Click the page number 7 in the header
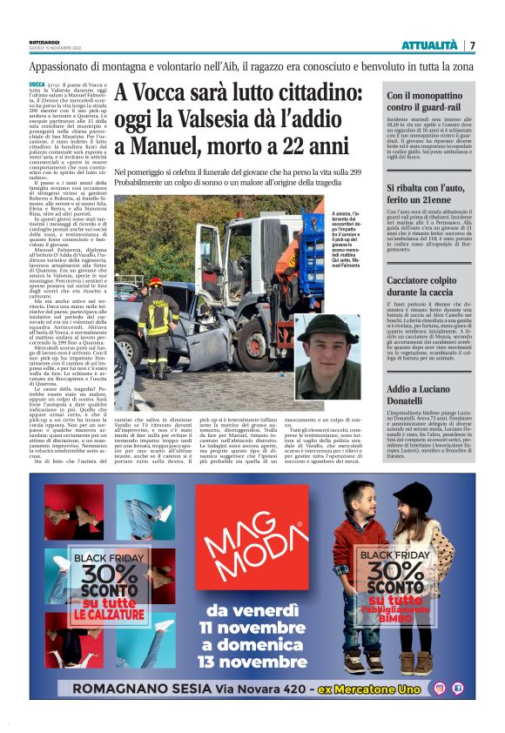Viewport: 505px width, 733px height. coord(473,45)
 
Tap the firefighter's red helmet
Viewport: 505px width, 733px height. coord(155,283)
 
